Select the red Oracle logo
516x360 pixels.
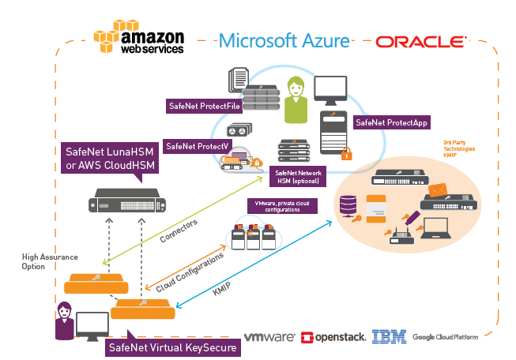(420, 41)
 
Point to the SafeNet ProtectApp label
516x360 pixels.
(388, 123)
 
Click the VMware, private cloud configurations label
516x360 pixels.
(284, 206)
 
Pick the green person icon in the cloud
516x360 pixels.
(296, 99)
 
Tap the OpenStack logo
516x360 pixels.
(333, 337)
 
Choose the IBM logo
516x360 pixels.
(389, 337)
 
